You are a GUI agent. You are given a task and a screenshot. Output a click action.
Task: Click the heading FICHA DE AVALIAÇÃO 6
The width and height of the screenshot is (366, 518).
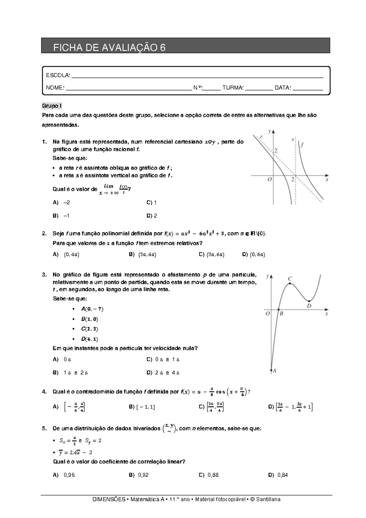pyautogui.click(x=109, y=48)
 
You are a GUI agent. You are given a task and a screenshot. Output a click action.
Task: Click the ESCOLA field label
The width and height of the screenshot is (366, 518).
pyautogui.click(x=58, y=75)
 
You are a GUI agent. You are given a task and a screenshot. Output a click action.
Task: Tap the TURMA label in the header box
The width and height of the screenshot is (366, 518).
pyautogui.click(x=233, y=88)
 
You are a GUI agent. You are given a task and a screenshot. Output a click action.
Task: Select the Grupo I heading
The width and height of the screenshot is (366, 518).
pyautogui.click(x=52, y=106)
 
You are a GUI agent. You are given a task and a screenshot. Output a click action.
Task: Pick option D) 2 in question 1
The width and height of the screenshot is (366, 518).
pyautogui.click(x=152, y=216)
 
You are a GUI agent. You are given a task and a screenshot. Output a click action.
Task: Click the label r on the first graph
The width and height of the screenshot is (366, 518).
pyautogui.click(x=261, y=137)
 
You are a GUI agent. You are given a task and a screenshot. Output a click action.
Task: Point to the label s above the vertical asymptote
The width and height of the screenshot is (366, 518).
pyautogui.click(x=292, y=140)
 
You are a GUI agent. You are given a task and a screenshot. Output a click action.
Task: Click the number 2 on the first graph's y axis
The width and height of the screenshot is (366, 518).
pyautogui.click(x=276, y=151)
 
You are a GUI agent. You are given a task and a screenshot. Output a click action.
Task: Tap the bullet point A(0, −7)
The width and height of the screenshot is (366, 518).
pyautogui.click(x=92, y=309)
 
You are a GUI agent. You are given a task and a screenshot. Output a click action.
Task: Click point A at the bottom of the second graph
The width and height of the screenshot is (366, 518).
pyautogui.click(x=271, y=370)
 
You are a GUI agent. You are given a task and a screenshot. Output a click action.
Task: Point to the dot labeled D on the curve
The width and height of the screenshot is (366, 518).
pyautogui.click(x=309, y=301)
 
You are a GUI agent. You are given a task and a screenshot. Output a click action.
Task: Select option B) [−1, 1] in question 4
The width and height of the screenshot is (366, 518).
pyautogui.click(x=142, y=407)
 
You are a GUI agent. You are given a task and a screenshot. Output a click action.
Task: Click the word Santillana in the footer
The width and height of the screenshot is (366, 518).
pyautogui.click(x=268, y=499)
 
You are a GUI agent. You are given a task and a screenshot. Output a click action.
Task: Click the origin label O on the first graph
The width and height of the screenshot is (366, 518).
pyautogui.click(x=269, y=180)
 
